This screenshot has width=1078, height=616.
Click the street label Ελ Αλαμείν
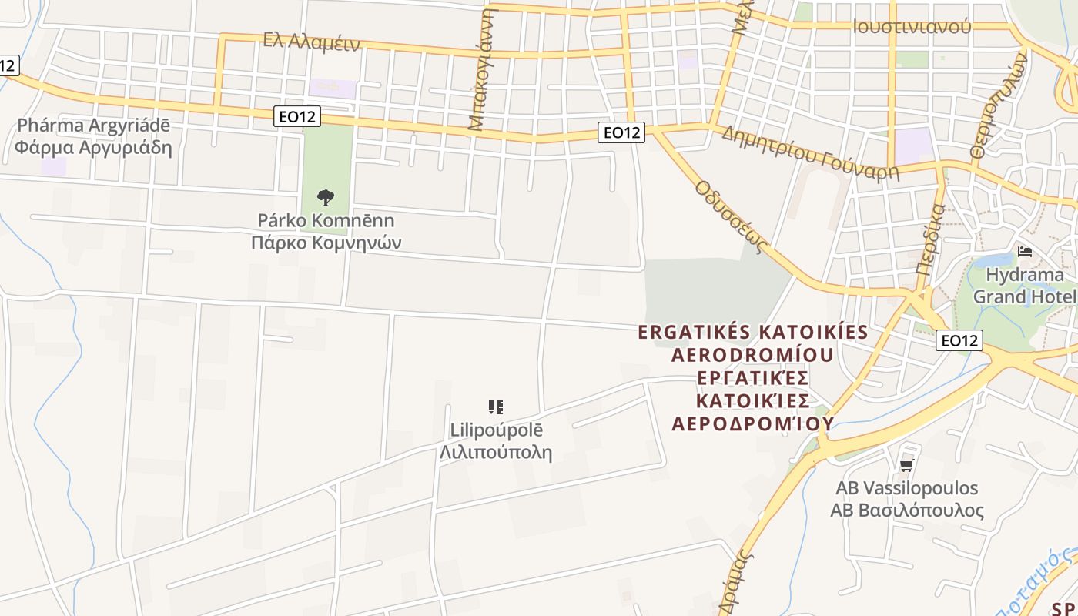pyautogui.click(x=311, y=41)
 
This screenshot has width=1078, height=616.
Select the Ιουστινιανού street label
pyautogui.click(x=911, y=27)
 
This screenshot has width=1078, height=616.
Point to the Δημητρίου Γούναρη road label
pyautogui.click(x=810, y=152)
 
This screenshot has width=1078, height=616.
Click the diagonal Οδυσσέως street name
pyautogui.click(x=732, y=217)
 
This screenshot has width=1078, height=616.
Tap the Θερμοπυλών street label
pyautogui.click(x=999, y=105)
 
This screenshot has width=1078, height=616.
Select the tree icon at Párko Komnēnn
pyautogui.click(x=326, y=198)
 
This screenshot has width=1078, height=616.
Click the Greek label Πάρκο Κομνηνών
pyautogui.click(x=326, y=243)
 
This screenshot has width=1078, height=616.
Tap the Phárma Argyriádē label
pyautogui.click(x=93, y=126)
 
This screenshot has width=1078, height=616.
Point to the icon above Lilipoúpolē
pyautogui.click(x=496, y=407)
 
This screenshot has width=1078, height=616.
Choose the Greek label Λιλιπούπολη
pyautogui.click(x=496, y=452)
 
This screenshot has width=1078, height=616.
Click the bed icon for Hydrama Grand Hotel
pyautogui.click(x=1024, y=252)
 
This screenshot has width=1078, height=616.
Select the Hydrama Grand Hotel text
pyautogui.click(x=1024, y=286)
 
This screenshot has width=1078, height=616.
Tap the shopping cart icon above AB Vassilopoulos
pyautogui.click(x=906, y=465)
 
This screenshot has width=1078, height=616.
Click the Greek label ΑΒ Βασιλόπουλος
pyautogui.click(x=907, y=511)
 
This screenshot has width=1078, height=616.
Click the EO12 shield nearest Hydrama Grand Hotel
pyautogui.click(x=959, y=340)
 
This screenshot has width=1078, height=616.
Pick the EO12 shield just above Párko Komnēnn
pyautogui.click(x=296, y=117)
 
